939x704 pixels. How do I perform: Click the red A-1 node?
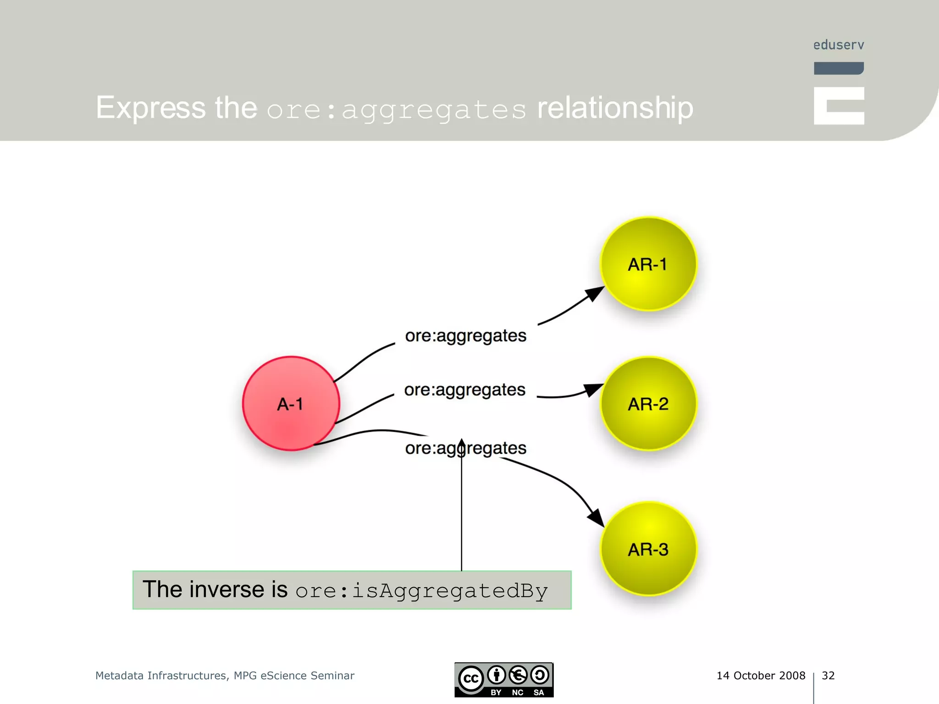click(x=291, y=403)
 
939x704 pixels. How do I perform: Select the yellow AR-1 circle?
click(x=648, y=264)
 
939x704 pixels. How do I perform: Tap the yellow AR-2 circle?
click(x=648, y=403)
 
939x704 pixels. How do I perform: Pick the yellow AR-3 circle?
click(x=648, y=549)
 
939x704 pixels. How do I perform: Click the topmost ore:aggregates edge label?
click(x=465, y=335)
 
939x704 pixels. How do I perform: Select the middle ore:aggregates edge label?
click(x=464, y=390)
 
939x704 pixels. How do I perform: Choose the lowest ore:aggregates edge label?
click(x=465, y=448)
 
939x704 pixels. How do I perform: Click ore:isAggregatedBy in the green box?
click(x=421, y=591)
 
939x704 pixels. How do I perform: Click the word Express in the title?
click(x=151, y=108)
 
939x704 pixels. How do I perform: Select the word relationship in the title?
click(x=615, y=109)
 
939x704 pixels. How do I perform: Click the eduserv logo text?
click(x=838, y=45)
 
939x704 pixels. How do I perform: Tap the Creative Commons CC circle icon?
click(x=471, y=679)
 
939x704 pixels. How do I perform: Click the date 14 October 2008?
click(x=761, y=676)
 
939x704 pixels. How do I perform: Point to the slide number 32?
click(x=828, y=676)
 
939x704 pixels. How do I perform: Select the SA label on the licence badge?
click(x=539, y=693)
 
